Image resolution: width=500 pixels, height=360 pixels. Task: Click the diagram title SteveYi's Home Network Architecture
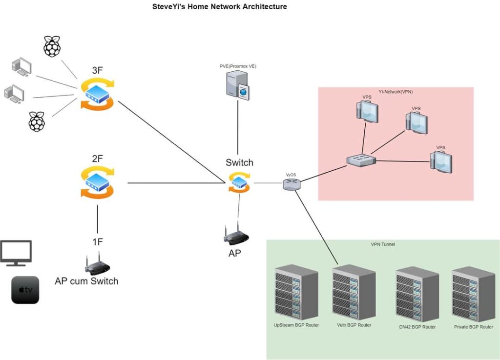click(x=219, y=7)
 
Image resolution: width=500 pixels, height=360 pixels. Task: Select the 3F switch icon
click(x=98, y=93)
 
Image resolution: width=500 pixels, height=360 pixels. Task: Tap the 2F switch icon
click(x=98, y=182)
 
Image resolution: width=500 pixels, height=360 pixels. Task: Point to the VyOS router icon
click(x=292, y=184)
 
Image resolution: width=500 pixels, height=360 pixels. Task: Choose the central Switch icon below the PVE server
click(x=238, y=183)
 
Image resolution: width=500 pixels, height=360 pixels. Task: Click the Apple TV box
click(x=25, y=290)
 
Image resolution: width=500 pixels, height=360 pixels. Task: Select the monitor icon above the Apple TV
click(x=16, y=253)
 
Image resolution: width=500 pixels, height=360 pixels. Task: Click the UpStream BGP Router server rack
click(x=296, y=293)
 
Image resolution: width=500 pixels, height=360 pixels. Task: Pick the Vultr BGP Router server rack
click(x=354, y=293)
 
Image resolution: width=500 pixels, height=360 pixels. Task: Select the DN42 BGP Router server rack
click(x=417, y=294)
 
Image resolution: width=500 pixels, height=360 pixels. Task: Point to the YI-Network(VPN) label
click(x=396, y=91)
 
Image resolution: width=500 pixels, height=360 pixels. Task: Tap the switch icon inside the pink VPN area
click(x=361, y=160)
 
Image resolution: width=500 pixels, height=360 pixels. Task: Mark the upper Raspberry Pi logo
click(x=53, y=46)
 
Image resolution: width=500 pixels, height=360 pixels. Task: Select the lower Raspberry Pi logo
click(x=37, y=121)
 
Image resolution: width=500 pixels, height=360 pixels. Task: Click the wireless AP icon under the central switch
click(x=236, y=235)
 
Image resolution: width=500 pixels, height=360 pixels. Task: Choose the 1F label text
click(x=97, y=241)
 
